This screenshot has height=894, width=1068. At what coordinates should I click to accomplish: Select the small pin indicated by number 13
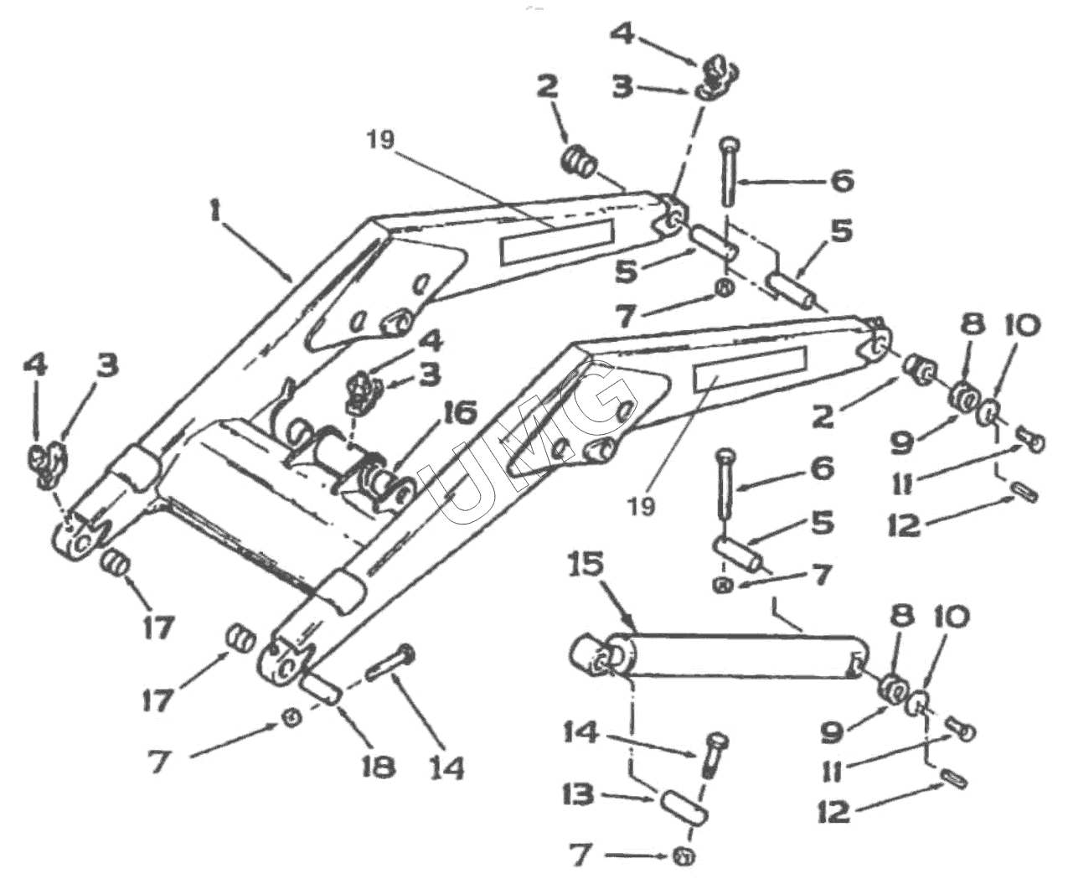coord(685,806)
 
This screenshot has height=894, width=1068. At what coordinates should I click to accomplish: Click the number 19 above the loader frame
coord(379,139)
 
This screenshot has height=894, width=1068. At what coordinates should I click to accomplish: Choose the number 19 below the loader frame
coord(642,505)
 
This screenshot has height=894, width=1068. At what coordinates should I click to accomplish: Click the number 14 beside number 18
coord(446,767)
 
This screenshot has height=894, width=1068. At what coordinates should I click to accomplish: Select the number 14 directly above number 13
coord(581,733)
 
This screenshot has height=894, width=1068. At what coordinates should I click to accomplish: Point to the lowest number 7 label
coord(580,855)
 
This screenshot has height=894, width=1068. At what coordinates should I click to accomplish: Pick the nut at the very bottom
coord(684,856)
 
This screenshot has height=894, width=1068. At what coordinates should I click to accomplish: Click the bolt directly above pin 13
coord(715,753)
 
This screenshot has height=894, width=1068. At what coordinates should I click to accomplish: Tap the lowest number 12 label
coord(833,810)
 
